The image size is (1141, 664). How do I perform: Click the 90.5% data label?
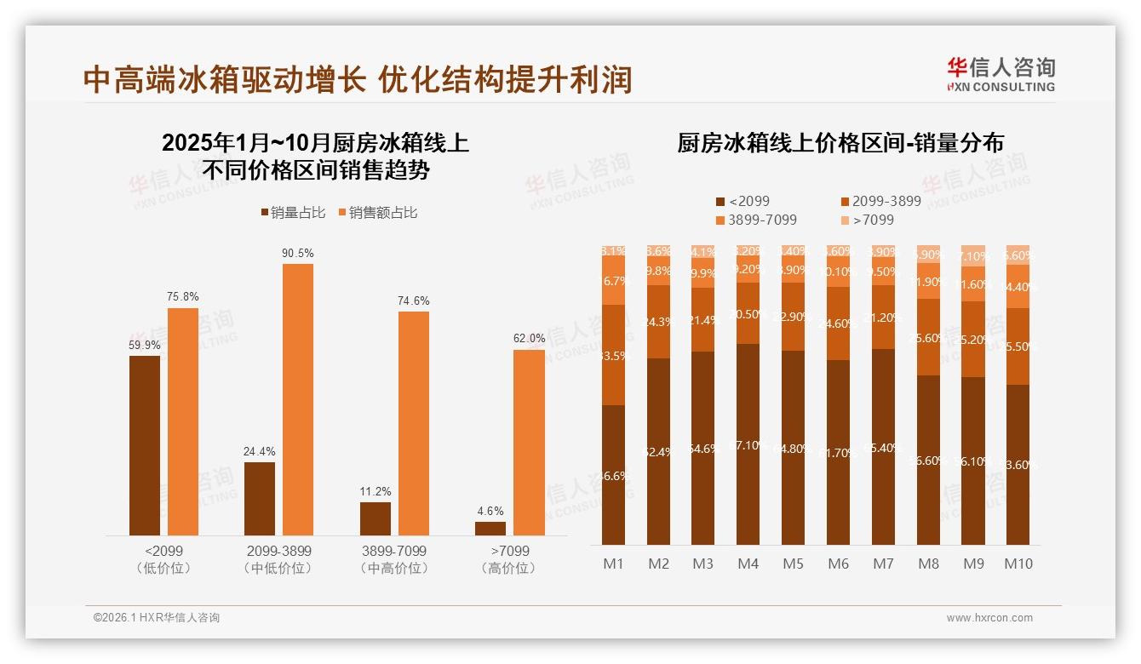point(298,253)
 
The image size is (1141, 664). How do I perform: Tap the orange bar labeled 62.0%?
point(528,442)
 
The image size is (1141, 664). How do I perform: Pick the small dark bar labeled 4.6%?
point(490,528)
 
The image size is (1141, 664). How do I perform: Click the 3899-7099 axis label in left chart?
point(393,551)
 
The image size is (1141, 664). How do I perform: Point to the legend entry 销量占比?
point(292,213)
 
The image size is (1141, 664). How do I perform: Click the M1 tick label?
point(614,564)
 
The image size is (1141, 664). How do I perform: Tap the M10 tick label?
point(1018,564)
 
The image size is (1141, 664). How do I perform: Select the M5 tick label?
point(793,564)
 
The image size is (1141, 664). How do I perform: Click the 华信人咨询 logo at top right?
point(1001,74)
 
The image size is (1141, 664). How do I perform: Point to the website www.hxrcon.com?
point(989,618)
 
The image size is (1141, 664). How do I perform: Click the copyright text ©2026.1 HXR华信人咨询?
point(157,618)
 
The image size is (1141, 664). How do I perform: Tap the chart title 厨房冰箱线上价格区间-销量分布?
point(840,143)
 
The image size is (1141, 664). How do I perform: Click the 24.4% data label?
point(259,451)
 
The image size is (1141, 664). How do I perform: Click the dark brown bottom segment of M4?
point(748,444)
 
